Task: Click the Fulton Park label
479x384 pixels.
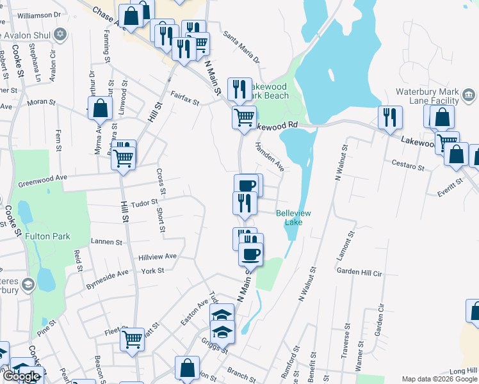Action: click(47, 236)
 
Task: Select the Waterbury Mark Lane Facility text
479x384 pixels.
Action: click(428, 96)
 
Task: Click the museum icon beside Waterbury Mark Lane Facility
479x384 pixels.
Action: click(469, 95)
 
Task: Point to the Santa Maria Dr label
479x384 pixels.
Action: click(241, 49)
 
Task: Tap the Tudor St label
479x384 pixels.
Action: click(144, 203)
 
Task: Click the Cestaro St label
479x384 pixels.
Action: click(409, 166)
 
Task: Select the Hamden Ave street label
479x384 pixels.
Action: click(270, 156)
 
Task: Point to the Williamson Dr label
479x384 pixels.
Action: click(39, 13)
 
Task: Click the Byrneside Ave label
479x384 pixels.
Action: click(108, 276)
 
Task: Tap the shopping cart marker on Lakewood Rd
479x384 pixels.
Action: click(244, 118)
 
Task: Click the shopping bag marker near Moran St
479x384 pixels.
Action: click(101, 108)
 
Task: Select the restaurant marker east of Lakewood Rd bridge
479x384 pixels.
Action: click(389, 118)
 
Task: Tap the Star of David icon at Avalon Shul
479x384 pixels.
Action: click(61, 33)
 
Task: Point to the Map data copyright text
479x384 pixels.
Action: click(439, 379)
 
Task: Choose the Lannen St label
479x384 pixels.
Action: click(107, 242)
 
